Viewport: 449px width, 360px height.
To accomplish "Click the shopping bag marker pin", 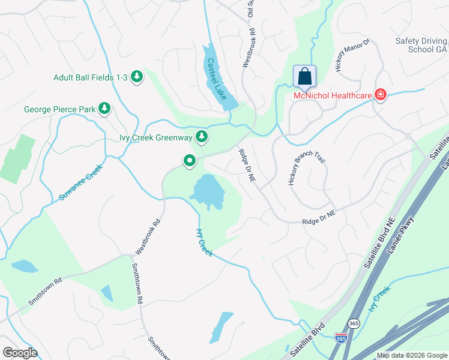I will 304,77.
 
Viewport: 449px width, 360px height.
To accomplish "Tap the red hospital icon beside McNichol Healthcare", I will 379,95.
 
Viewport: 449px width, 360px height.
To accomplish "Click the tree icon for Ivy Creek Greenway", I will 202,137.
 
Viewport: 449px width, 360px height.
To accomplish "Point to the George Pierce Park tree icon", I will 105,109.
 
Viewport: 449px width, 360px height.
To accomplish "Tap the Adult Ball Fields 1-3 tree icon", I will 137,76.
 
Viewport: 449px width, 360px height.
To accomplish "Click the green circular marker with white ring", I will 190,160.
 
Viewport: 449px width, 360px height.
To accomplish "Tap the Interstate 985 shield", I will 341,338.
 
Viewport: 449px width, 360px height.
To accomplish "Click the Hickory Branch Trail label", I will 307,169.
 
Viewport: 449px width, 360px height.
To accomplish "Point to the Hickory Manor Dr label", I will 354,56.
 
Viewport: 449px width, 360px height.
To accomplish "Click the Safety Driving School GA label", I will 421,45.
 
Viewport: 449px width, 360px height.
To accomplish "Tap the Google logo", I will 20,352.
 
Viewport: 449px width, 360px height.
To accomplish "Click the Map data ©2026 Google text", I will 411,355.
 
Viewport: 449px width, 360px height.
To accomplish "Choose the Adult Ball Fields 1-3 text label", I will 90,77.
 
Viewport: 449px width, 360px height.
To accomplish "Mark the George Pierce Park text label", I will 59,109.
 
